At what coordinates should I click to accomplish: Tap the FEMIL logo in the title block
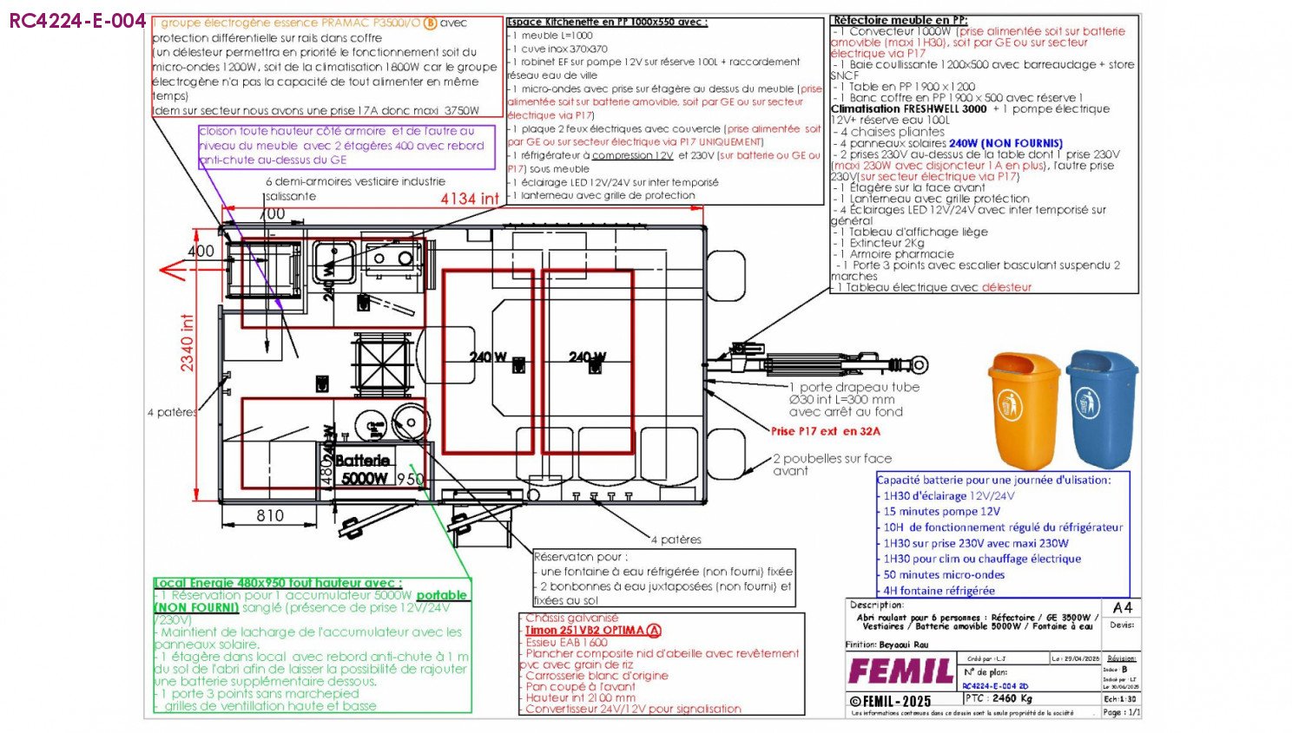[900, 671]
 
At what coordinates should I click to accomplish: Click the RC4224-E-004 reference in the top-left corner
[77, 21]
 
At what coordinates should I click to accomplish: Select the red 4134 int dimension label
[470, 199]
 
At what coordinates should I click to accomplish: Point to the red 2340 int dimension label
[188, 344]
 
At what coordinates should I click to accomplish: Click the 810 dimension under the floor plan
[270, 515]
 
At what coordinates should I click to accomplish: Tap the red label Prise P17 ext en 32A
[825, 431]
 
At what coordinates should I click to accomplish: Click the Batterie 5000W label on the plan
[363, 469]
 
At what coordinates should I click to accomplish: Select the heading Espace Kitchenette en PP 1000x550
[607, 23]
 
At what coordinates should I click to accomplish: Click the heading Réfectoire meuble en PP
[900, 20]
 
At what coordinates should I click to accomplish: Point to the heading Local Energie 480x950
[277, 583]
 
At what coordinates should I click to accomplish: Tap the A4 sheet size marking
[1122, 608]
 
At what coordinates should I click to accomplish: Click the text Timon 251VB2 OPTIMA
[584, 631]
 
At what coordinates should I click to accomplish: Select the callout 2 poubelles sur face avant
[832, 464]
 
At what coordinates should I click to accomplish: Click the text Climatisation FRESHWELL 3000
[908, 109]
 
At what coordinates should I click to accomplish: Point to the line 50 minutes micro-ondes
[944, 574]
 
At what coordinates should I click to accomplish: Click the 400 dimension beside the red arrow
[201, 251]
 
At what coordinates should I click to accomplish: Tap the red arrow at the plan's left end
[173, 271]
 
